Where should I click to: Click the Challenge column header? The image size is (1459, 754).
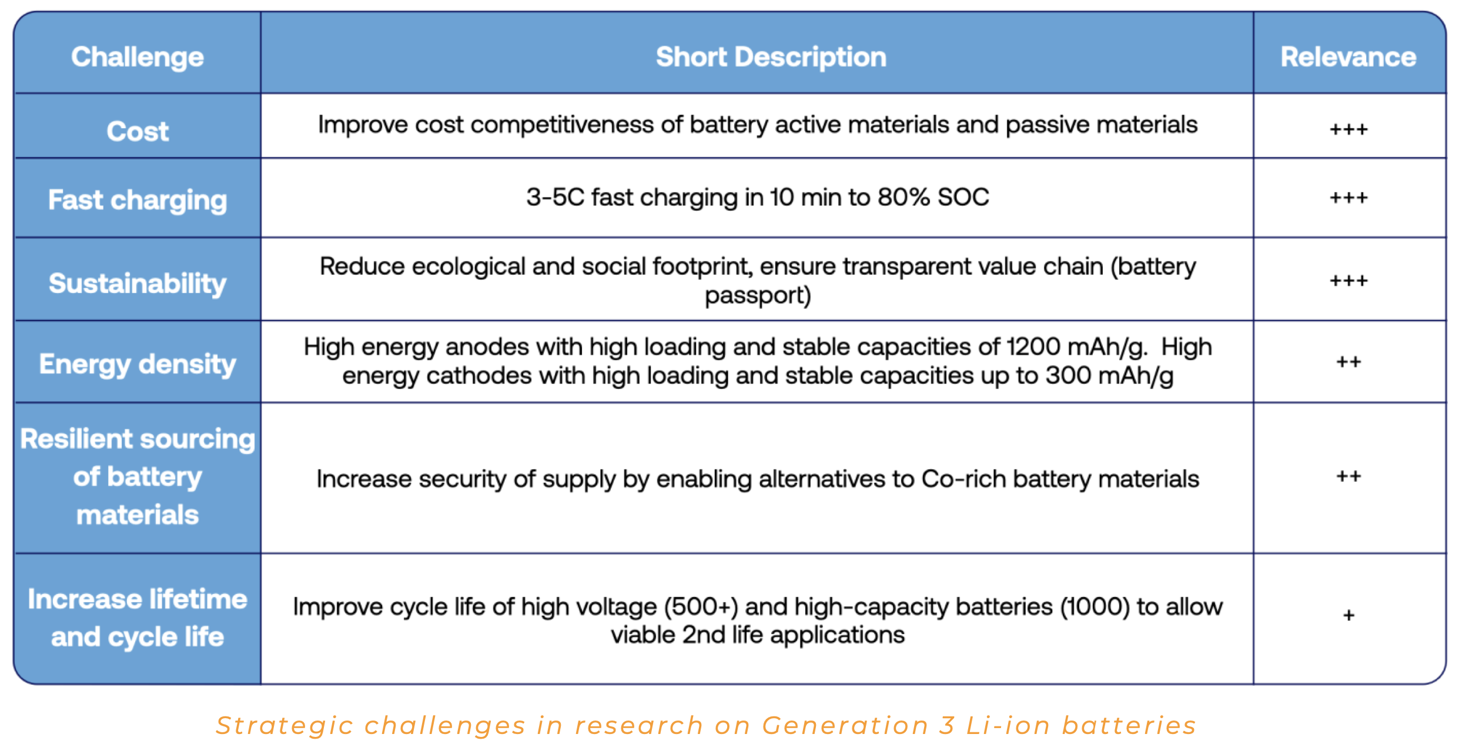point(138,57)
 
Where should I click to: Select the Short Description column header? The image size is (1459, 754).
point(771,57)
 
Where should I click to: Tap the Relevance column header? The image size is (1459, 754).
point(1348,57)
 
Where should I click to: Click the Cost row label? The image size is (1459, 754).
point(138,131)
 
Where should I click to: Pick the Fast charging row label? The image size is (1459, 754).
point(138,200)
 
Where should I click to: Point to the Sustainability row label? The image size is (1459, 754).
point(138,283)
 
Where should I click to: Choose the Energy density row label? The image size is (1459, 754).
point(138,364)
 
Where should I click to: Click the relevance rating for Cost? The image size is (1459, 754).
point(1348,129)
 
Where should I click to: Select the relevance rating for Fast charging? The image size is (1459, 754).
point(1348,198)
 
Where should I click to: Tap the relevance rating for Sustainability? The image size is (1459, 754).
point(1348,281)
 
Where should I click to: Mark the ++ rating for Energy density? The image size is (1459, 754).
point(1348,362)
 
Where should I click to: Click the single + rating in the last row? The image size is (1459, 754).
point(1348,616)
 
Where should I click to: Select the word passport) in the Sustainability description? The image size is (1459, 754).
point(758,295)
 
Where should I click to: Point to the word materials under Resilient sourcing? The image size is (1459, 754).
point(138,515)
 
